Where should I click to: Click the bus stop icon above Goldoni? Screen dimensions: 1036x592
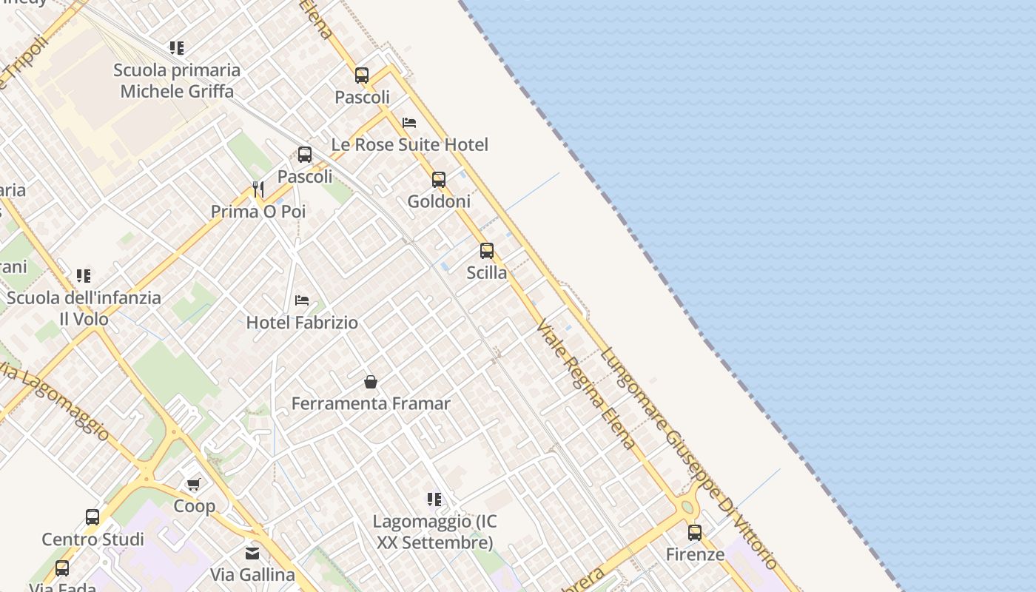click(x=439, y=180)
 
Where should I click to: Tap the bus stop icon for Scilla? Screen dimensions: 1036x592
click(x=487, y=251)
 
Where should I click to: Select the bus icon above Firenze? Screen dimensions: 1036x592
click(x=695, y=533)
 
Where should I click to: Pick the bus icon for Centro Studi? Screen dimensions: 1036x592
click(x=92, y=517)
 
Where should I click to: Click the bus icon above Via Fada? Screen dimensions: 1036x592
click(x=62, y=568)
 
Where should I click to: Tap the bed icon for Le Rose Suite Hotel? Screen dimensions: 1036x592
click(x=409, y=123)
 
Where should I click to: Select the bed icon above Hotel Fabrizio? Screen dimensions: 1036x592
click(x=302, y=300)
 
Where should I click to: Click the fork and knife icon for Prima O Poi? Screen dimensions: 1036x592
click(x=258, y=189)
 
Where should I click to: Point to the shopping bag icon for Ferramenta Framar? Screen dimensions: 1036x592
click(x=371, y=382)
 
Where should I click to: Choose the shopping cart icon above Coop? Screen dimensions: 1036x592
click(x=194, y=484)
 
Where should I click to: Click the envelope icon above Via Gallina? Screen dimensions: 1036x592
click(x=252, y=553)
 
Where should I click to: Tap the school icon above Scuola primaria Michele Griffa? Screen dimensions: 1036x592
click(x=176, y=48)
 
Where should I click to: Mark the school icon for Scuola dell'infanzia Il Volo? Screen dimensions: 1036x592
click(x=84, y=276)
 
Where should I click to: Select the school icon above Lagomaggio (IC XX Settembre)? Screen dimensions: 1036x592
click(x=434, y=499)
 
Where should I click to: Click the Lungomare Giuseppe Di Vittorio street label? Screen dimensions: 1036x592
click(x=688, y=459)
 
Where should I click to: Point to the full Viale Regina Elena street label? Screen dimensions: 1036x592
click(x=586, y=384)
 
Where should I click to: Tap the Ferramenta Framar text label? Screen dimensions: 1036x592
click(x=371, y=404)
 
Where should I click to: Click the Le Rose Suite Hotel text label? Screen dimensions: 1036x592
click(x=409, y=145)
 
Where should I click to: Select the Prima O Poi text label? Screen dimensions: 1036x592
click(x=258, y=212)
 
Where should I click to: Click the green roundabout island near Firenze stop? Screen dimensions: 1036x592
click(x=687, y=507)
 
